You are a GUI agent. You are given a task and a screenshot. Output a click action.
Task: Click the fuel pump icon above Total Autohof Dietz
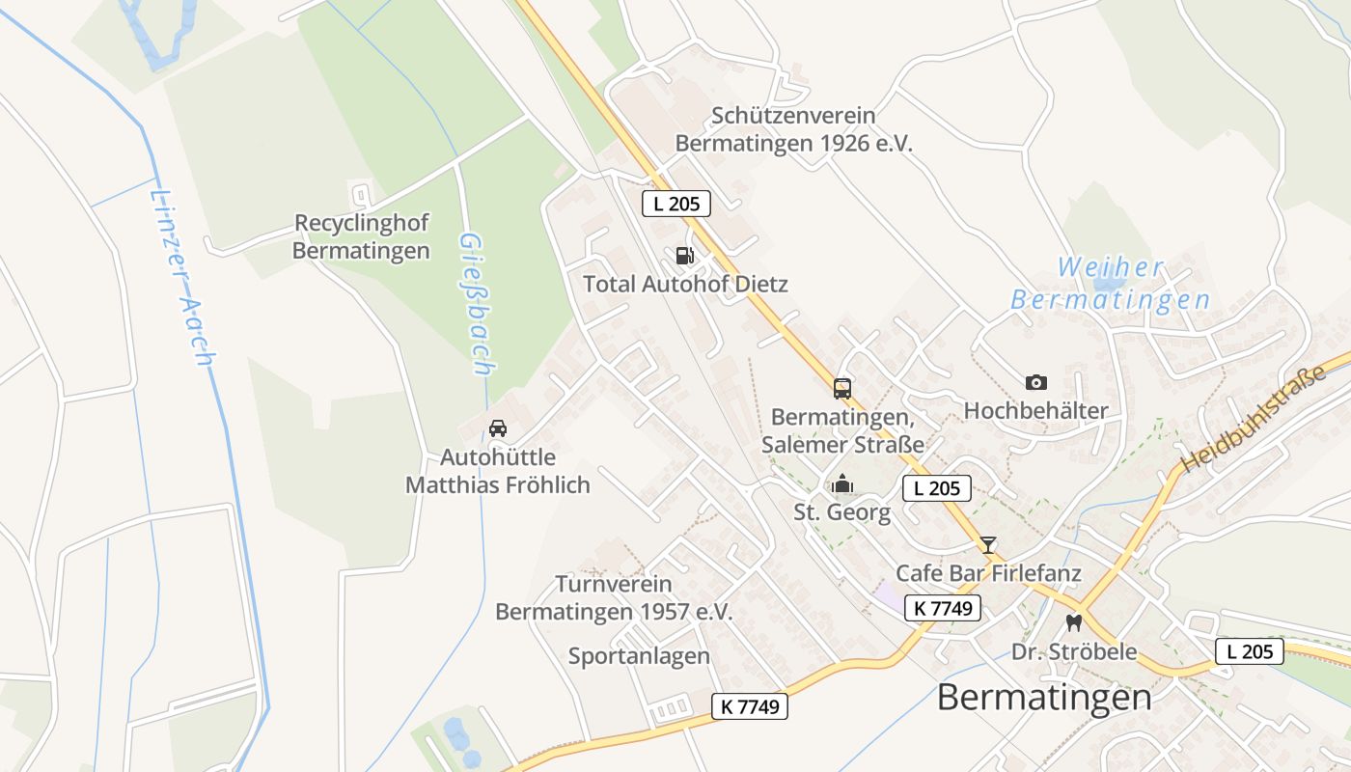click(x=684, y=256)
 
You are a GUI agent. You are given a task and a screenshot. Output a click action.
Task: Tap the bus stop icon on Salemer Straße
click(x=842, y=389)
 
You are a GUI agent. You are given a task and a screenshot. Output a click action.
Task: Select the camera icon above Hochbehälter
click(x=1036, y=383)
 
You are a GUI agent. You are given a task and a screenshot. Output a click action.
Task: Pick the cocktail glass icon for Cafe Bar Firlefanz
click(x=988, y=545)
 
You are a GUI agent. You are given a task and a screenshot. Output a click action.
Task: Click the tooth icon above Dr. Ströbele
click(x=1073, y=622)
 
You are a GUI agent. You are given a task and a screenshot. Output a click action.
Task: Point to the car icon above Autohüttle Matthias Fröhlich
click(x=498, y=428)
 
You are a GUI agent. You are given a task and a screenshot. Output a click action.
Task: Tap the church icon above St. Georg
click(x=842, y=483)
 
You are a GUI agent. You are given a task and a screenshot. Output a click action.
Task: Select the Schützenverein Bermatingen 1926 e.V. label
click(x=793, y=129)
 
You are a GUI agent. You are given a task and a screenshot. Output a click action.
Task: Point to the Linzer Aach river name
click(x=180, y=277)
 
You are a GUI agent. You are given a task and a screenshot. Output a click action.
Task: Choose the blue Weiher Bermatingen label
click(x=1111, y=284)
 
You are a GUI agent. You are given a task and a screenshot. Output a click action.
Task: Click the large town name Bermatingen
click(x=1044, y=697)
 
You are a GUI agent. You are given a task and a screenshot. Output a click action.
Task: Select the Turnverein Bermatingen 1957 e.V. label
click(x=614, y=598)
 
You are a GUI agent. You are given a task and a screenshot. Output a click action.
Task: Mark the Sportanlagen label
click(x=639, y=656)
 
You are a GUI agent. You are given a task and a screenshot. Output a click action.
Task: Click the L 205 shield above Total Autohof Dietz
click(x=676, y=203)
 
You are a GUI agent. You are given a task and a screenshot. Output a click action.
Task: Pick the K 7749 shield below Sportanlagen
click(x=750, y=706)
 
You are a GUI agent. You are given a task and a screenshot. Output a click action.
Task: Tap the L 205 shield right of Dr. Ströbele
click(x=1249, y=651)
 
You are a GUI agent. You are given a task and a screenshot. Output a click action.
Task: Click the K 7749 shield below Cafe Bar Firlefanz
click(x=943, y=608)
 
